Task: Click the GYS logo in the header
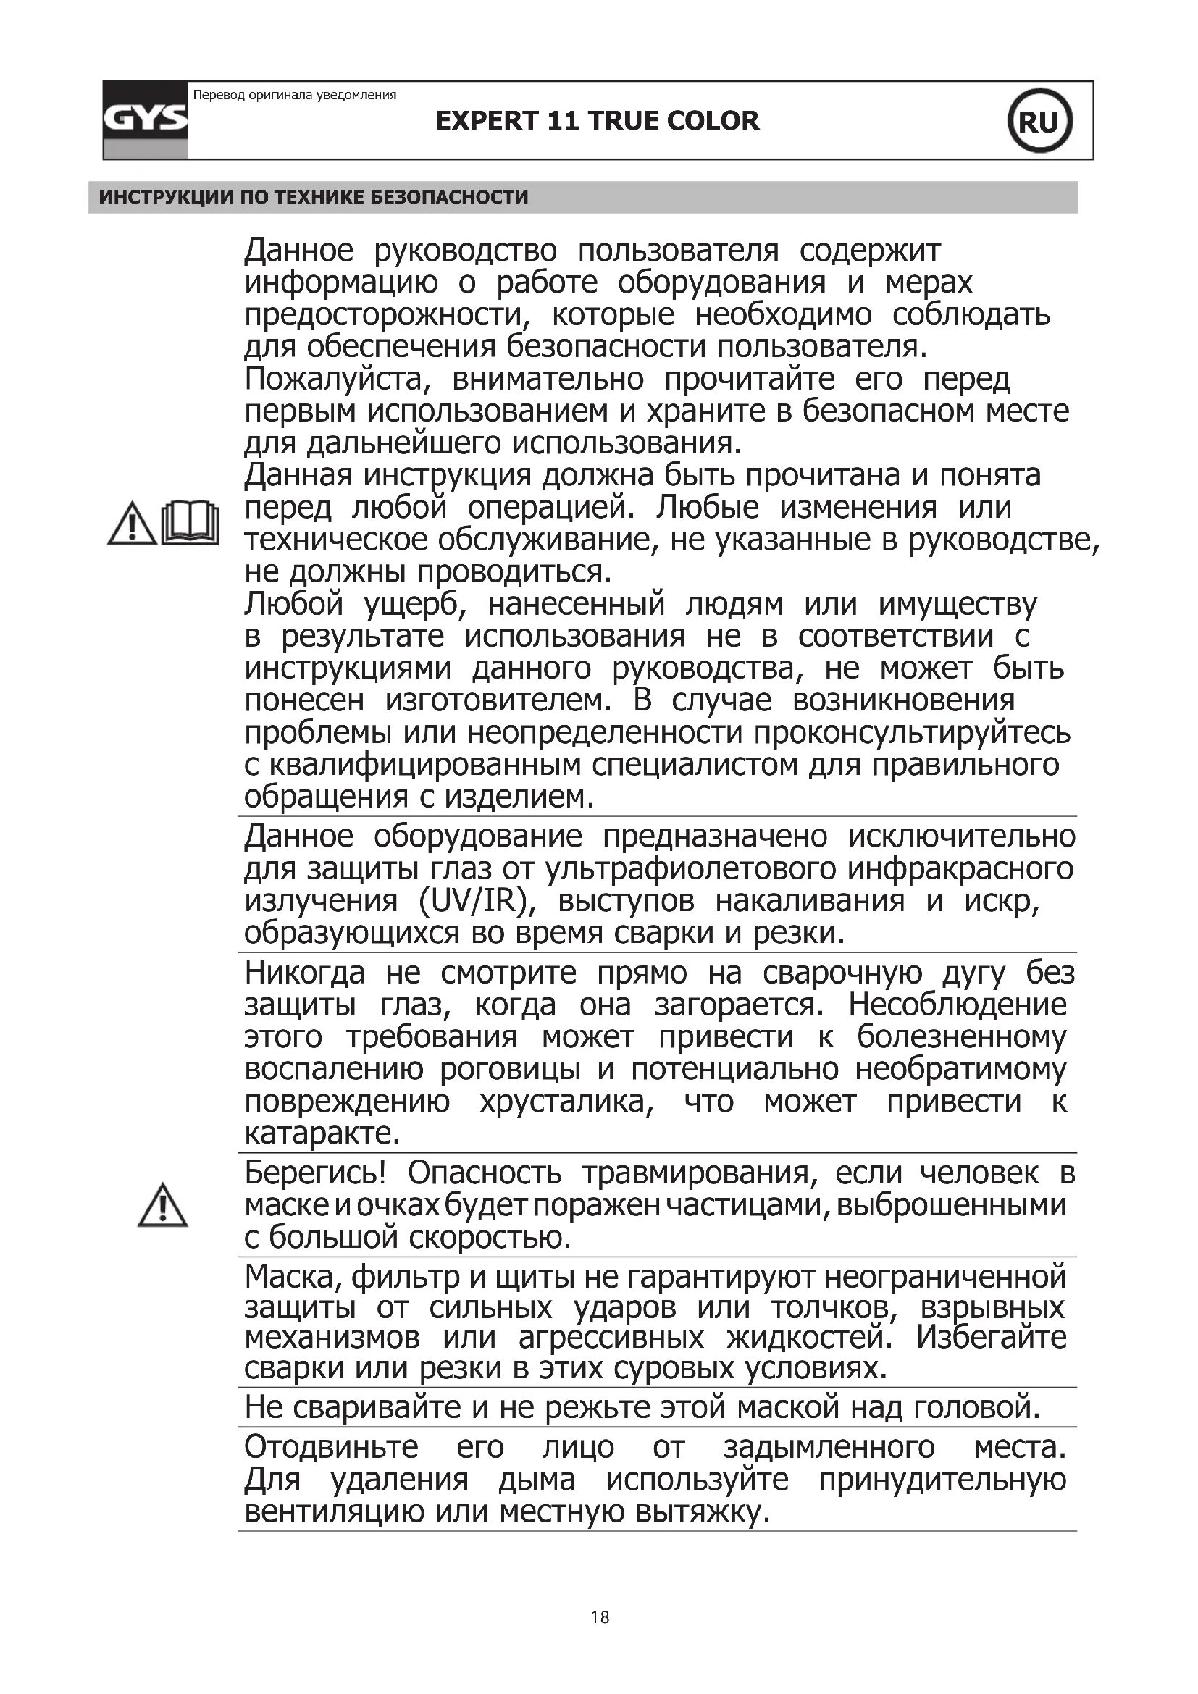(x=146, y=119)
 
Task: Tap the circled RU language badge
(x=1039, y=121)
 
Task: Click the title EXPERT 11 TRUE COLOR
(x=597, y=121)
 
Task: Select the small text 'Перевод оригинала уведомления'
(x=294, y=95)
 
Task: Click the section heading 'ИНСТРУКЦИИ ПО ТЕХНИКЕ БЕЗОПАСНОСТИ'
(x=314, y=197)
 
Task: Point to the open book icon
(x=190, y=523)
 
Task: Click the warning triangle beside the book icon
(x=131, y=524)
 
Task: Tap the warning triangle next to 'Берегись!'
(x=162, y=1206)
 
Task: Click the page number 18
(x=600, y=1617)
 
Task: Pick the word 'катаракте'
(x=322, y=1133)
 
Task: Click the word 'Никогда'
(x=304, y=973)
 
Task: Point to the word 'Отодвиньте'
(x=331, y=1447)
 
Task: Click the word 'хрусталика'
(x=566, y=1102)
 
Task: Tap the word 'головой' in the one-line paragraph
(x=976, y=1407)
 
